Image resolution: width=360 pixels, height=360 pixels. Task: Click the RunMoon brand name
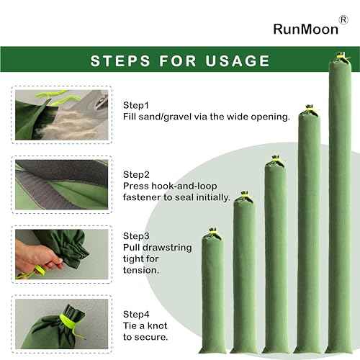tap(306, 30)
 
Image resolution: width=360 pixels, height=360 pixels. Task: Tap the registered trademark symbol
tap(343, 19)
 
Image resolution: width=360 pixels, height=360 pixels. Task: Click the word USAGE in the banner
tap(238, 60)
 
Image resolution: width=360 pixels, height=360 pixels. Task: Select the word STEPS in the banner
tap(120, 60)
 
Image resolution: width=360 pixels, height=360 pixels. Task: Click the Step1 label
tap(136, 105)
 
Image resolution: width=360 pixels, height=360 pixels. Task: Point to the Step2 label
tap(136, 175)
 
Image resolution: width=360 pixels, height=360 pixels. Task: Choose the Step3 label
tap(136, 236)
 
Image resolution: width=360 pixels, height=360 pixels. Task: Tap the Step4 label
tap(136, 315)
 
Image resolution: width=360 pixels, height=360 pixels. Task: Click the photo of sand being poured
tap(62, 114)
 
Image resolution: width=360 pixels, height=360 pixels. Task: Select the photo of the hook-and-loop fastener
tap(62, 184)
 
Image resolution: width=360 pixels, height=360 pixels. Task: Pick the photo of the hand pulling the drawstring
tap(62, 254)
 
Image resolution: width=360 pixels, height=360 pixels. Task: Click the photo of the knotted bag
tap(62, 324)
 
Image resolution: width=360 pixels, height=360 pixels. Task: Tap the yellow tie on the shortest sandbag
tap(212, 232)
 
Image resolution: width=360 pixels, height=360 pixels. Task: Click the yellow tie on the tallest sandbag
tap(342, 57)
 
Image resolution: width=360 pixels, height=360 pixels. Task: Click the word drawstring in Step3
tap(171, 248)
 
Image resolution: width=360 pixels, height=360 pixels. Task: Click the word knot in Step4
tap(158, 325)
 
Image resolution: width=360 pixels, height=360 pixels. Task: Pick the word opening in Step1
tap(270, 117)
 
